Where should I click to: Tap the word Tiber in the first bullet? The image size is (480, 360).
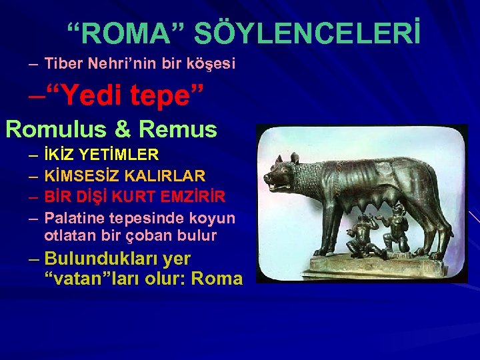(61, 64)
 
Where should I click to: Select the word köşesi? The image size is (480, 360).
(211, 64)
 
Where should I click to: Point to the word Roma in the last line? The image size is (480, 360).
(217, 278)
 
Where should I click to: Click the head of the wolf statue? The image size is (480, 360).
(283, 169)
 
